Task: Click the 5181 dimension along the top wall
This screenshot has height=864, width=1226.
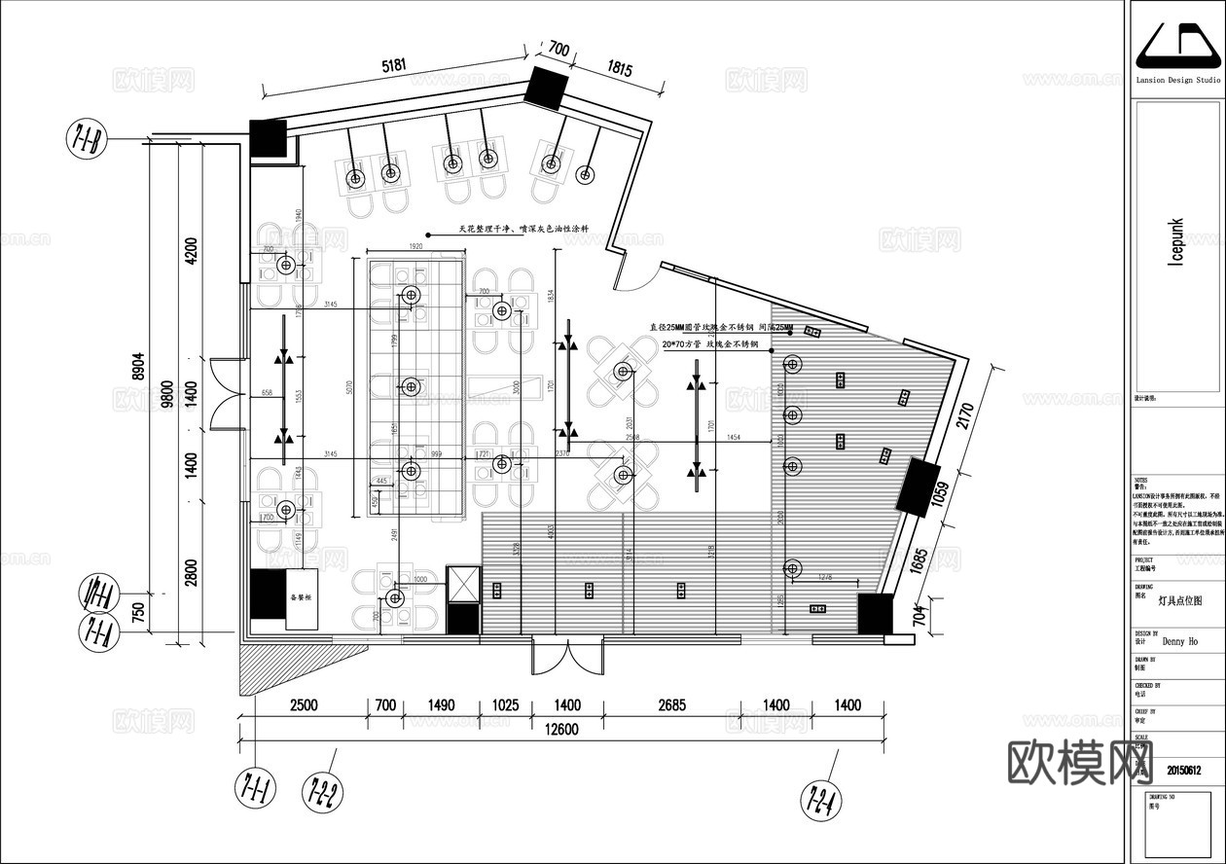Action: tap(394, 66)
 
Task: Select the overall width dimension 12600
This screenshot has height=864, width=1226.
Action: tap(558, 731)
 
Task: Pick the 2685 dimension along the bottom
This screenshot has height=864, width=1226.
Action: tap(670, 705)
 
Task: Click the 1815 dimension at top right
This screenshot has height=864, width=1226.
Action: tap(620, 69)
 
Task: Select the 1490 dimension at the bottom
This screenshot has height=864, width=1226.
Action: tap(442, 705)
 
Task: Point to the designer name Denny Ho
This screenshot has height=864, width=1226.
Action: tap(1180, 641)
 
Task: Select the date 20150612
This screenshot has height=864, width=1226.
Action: tap(1184, 771)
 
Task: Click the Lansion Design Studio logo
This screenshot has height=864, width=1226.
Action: tap(1177, 48)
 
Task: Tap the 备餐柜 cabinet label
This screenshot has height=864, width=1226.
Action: tap(301, 597)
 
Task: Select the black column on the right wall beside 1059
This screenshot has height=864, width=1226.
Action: tap(917, 486)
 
